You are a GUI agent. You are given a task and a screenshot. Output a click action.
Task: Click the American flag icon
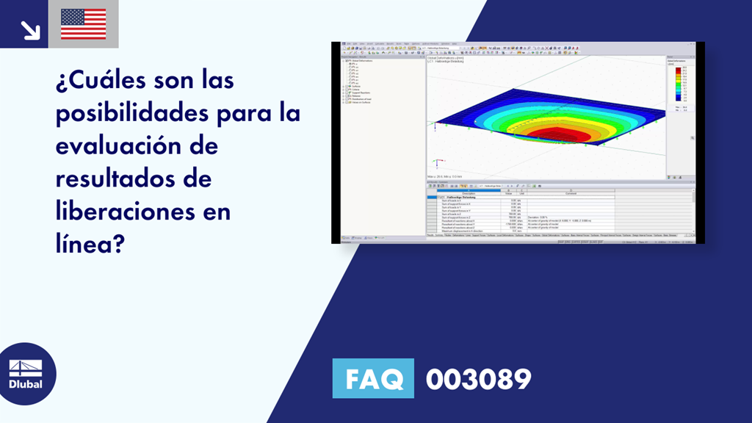[x=83, y=23]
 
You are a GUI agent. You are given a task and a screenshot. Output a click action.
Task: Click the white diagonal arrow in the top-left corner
[x=29, y=29]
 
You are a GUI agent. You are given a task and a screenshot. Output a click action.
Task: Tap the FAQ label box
[x=373, y=379]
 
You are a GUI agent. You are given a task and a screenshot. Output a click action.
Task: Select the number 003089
[x=478, y=379]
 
